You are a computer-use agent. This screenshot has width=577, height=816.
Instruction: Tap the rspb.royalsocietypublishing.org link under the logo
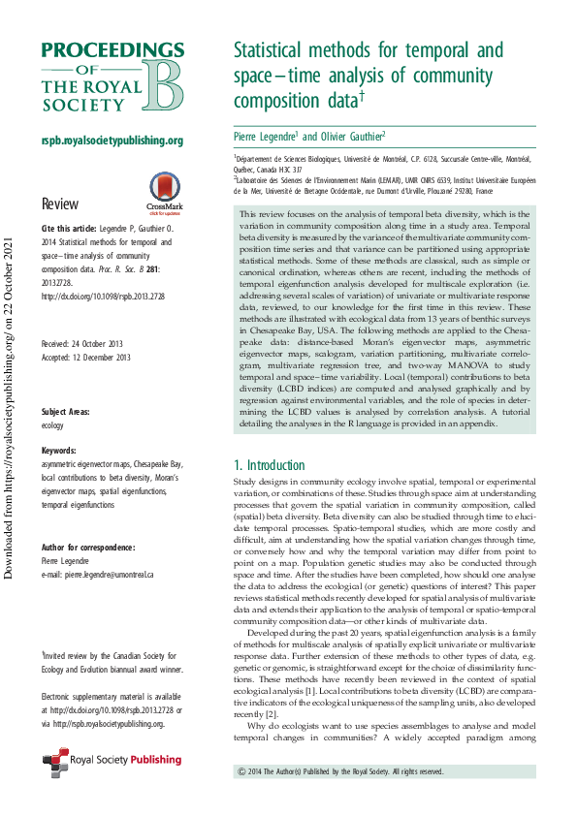(x=112, y=141)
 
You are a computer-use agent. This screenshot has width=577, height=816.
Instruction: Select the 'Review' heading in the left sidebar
(x=59, y=204)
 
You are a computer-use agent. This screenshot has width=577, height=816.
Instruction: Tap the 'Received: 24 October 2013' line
(x=85, y=345)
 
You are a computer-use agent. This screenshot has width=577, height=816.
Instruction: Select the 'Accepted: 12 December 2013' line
(x=85, y=357)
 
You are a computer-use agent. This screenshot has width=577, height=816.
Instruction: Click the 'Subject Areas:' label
(x=67, y=413)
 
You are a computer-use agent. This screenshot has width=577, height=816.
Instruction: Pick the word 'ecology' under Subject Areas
(x=52, y=424)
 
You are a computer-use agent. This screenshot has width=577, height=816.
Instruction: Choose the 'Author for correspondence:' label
(x=87, y=548)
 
